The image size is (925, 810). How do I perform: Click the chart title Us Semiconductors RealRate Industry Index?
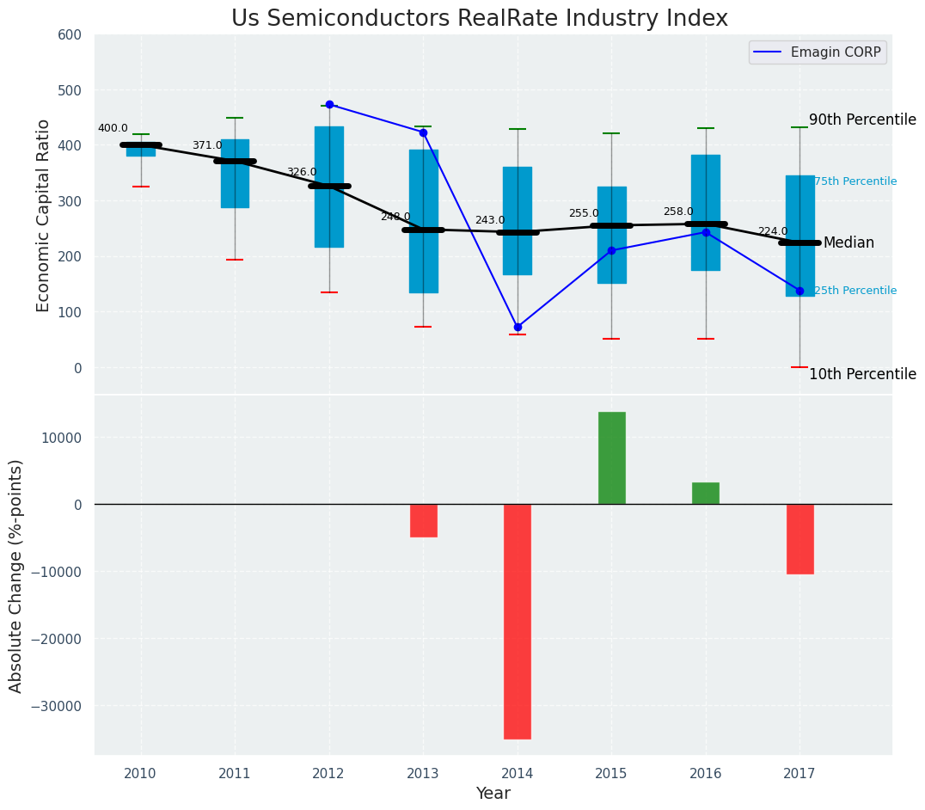(479, 19)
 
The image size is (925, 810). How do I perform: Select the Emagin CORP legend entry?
(817, 52)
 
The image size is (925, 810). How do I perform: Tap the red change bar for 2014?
(518, 621)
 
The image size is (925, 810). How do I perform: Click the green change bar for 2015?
(611, 457)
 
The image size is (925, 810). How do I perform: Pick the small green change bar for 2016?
(706, 494)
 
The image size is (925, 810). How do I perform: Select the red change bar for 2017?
(799, 539)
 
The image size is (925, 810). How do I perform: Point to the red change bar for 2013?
(423, 520)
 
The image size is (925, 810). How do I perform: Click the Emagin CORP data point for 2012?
(329, 104)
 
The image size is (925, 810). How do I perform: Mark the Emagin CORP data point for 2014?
(518, 327)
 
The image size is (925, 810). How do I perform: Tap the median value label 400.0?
(113, 128)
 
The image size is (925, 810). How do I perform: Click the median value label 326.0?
(301, 172)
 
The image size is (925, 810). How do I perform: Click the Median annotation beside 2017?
(848, 242)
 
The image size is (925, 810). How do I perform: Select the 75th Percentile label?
(855, 181)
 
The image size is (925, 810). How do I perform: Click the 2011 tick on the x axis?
(235, 773)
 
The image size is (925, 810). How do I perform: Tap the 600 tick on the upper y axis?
(69, 35)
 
